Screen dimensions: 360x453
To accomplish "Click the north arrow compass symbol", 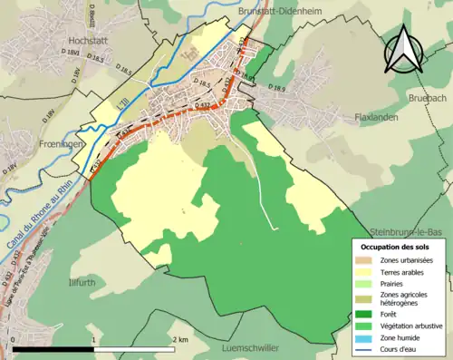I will tap(405, 50).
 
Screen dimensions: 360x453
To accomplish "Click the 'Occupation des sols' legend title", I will tap(395, 247).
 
